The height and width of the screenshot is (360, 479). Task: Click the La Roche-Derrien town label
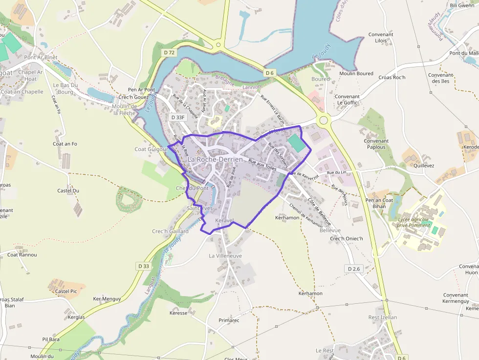(215, 159)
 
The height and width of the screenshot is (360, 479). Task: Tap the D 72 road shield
(169, 53)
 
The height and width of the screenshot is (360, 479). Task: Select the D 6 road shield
(270, 73)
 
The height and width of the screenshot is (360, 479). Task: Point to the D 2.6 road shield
(354, 269)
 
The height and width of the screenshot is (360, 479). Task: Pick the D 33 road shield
(143, 266)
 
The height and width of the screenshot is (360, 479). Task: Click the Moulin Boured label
(356, 74)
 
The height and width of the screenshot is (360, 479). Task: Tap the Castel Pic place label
(66, 291)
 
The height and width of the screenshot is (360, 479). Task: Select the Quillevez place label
(423, 165)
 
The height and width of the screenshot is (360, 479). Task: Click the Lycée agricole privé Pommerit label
(414, 222)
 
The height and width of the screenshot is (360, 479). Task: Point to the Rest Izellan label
(382, 318)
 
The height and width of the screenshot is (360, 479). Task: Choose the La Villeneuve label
(225, 256)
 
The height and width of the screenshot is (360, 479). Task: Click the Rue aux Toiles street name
(262, 165)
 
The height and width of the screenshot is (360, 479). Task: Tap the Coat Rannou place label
(22, 254)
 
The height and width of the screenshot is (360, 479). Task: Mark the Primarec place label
(229, 320)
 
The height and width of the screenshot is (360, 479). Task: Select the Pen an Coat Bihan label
(379, 203)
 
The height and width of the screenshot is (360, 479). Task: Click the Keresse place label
(178, 313)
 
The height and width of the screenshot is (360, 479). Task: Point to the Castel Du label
(68, 191)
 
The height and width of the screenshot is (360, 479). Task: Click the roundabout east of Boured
(323, 120)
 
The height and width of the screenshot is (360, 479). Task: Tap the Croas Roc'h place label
(392, 78)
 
